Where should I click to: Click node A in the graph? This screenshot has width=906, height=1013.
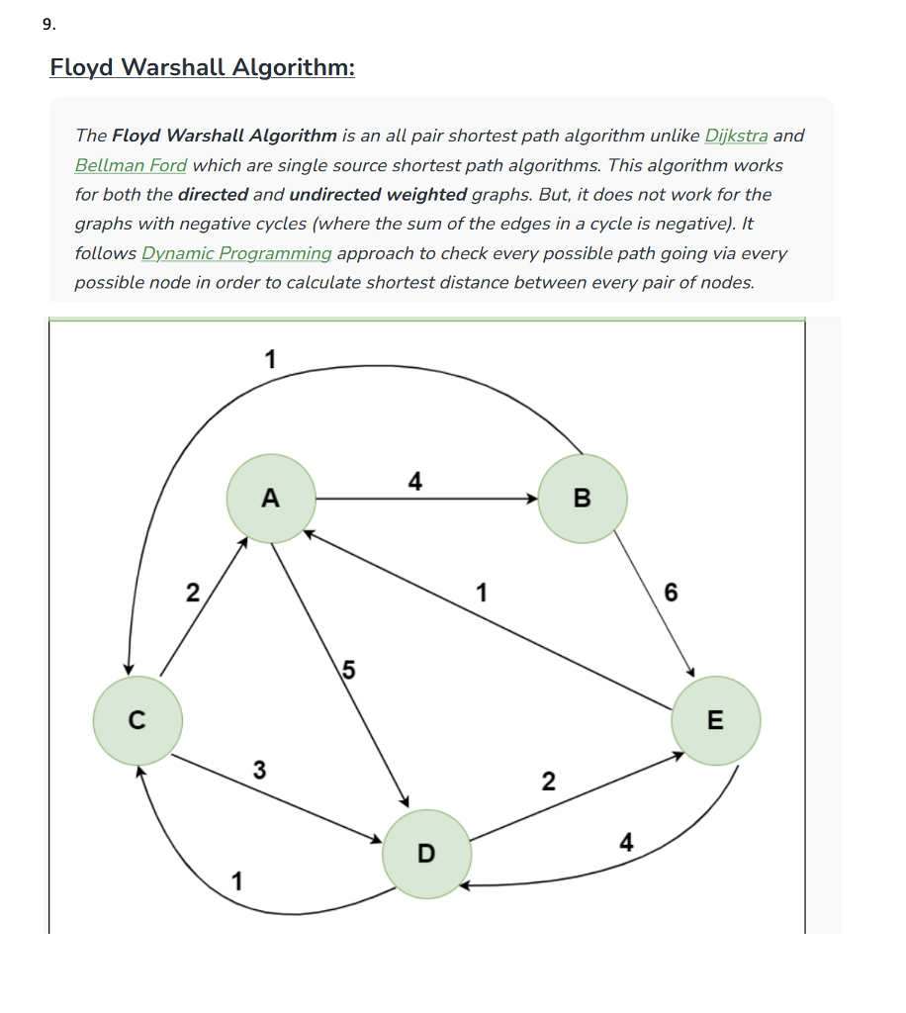[271, 499]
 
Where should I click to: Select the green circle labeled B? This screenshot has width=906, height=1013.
[583, 499]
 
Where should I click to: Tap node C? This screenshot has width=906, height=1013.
[137, 719]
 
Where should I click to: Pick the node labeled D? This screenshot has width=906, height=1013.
[426, 853]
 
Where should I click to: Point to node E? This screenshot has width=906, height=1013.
[715, 720]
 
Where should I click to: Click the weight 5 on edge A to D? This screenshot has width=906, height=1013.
[348, 670]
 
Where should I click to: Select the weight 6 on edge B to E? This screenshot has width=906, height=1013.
[672, 594]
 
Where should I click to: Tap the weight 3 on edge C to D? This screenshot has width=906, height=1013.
[259, 769]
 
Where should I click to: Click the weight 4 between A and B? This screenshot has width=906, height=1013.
[415, 482]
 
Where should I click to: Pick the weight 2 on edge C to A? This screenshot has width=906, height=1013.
[193, 594]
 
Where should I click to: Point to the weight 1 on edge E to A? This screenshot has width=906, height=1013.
[481, 594]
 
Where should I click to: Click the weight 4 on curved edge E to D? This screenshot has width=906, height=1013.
[625, 843]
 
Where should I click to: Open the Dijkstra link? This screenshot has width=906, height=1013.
[736, 136]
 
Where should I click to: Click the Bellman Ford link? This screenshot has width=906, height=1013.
[131, 165]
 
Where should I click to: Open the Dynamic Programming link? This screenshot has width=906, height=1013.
[236, 253]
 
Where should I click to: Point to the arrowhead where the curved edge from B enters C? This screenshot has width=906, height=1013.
[129, 670]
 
